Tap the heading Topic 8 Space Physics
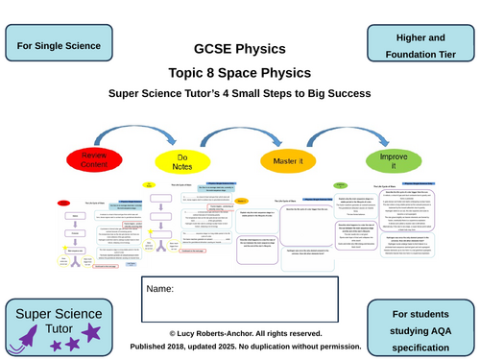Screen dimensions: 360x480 point(239,72)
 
